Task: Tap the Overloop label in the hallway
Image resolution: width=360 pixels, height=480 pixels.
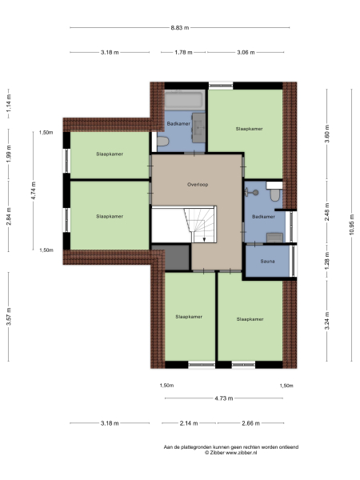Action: point(197,184)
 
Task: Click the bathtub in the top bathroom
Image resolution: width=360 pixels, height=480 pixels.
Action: point(185,101)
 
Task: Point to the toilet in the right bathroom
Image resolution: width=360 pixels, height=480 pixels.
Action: point(274,194)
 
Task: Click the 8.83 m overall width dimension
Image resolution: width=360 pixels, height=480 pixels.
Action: point(180,28)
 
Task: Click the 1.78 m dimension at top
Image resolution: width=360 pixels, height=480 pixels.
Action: point(183,53)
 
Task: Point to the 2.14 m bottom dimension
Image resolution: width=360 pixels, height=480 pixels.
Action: point(190,423)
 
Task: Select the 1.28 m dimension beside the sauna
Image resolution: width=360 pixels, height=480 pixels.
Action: point(326,260)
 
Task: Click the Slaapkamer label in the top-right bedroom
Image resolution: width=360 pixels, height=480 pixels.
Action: point(249,128)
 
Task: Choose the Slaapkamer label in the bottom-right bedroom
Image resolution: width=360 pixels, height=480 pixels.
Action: point(250,318)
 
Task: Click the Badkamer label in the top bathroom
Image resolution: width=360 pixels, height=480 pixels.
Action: point(178,123)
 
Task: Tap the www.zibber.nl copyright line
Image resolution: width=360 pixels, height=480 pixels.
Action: point(230,453)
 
